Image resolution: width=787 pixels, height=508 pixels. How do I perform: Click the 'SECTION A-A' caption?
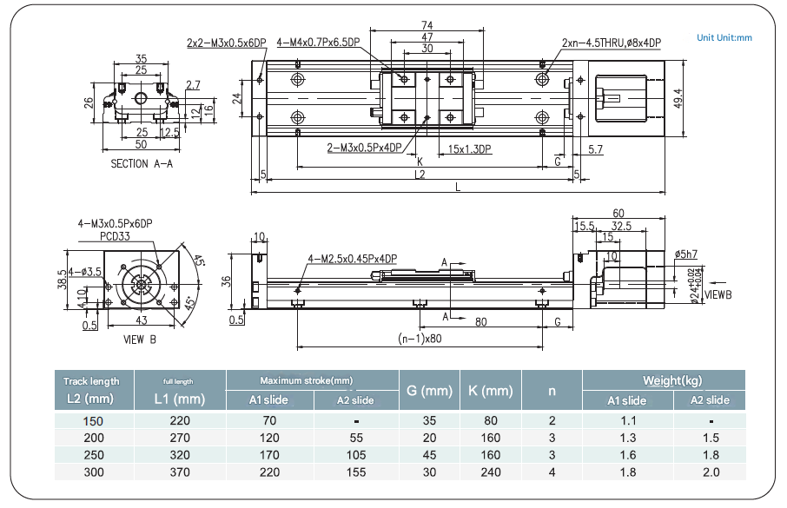pyautogui.click(x=142, y=163)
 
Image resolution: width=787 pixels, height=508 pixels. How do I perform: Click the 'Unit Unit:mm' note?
pyautogui.click(x=724, y=38)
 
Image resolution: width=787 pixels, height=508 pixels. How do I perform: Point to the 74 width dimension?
pyautogui.click(x=427, y=25)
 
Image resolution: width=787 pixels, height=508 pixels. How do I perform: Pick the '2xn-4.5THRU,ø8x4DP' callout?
pyautogui.click(x=611, y=42)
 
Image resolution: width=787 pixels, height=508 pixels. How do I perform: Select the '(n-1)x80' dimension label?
pyautogui.click(x=420, y=339)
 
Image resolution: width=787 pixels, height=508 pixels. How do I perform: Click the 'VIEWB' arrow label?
pyautogui.click(x=718, y=294)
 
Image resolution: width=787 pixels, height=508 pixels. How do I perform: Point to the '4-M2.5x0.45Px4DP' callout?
pyautogui.click(x=352, y=259)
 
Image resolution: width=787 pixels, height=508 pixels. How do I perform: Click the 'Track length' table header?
pyautogui.click(x=91, y=381)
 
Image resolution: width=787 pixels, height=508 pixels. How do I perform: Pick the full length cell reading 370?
pyautogui.click(x=180, y=472)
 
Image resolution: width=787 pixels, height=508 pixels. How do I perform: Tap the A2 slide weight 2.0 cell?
pyautogui.click(x=710, y=472)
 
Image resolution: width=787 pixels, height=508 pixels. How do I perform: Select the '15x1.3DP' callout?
pyautogui.click(x=471, y=149)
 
